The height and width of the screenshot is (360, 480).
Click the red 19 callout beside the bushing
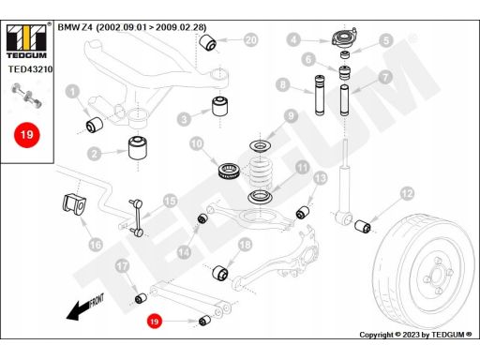click(155, 322)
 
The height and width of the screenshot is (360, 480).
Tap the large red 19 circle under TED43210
click(27, 135)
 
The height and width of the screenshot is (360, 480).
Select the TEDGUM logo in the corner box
click(26, 40)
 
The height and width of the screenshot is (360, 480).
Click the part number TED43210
click(31, 69)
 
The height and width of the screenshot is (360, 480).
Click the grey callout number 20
click(251, 40)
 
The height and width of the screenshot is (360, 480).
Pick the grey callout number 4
click(293, 40)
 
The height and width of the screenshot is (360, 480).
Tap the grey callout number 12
click(407, 194)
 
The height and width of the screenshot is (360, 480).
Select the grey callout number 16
click(96, 245)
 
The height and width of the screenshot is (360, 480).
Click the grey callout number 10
click(197, 144)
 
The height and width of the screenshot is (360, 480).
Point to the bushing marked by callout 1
click(95, 125)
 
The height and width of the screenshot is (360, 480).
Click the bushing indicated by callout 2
click(138, 147)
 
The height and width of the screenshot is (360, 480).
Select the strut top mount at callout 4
click(343, 38)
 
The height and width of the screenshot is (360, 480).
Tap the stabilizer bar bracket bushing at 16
click(73, 205)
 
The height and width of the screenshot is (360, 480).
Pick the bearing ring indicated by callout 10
click(230, 172)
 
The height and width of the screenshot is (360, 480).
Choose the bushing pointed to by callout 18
click(220, 273)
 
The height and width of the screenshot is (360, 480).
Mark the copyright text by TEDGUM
click(415, 335)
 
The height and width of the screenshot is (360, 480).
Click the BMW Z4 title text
click(132, 27)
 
